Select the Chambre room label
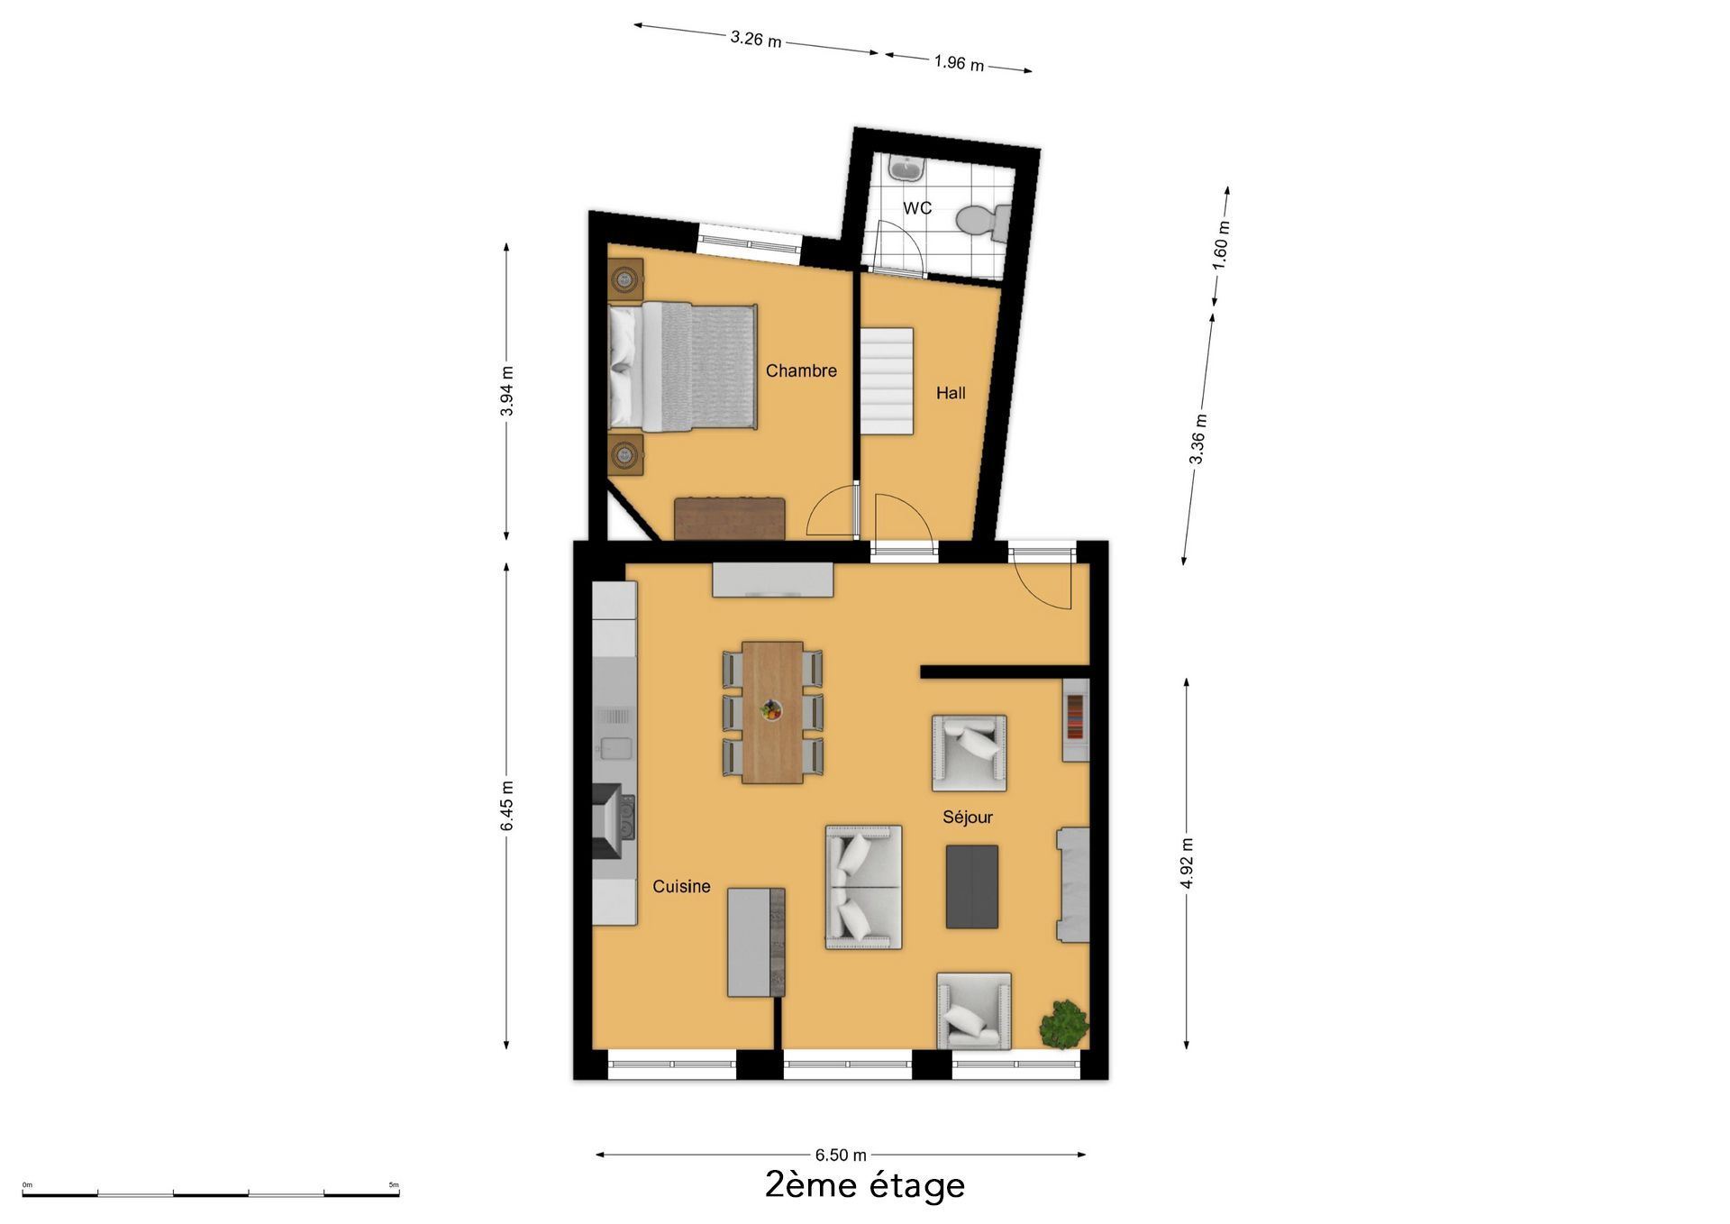(801, 370)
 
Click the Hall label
(951, 393)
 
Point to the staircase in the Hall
(887, 381)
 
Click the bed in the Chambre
(682, 366)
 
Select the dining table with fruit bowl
(772, 712)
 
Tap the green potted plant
(1064, 1024)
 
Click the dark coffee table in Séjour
(972, 887)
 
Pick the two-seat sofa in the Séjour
(864, 887)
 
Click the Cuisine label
(681, 887)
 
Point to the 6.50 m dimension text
(841, 1155)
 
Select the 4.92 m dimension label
(1187, 863)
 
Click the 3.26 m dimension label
(756, 40)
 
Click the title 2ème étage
(865, 1184)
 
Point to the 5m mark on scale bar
(394, 1184)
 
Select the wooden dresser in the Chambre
(729, 518)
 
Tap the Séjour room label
(968, 818)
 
